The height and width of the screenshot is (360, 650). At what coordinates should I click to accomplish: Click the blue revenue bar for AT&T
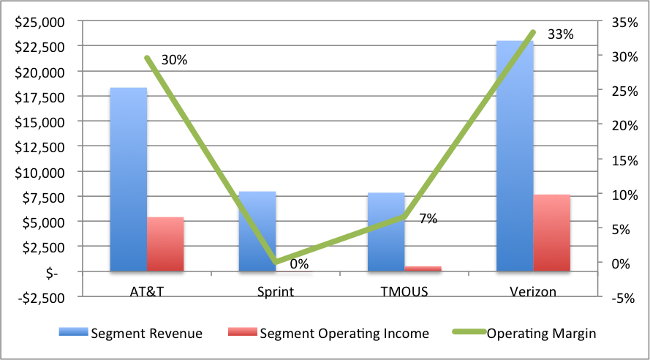[x=128, y=179]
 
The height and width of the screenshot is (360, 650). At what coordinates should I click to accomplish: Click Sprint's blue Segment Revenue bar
[x=257, y=231]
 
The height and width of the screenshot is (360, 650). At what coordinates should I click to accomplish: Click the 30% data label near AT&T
[x=174, y=61]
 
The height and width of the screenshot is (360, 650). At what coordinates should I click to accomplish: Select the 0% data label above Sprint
[x=298, y=264]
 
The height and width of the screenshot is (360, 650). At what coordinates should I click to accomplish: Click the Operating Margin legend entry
[x=524, y=333]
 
